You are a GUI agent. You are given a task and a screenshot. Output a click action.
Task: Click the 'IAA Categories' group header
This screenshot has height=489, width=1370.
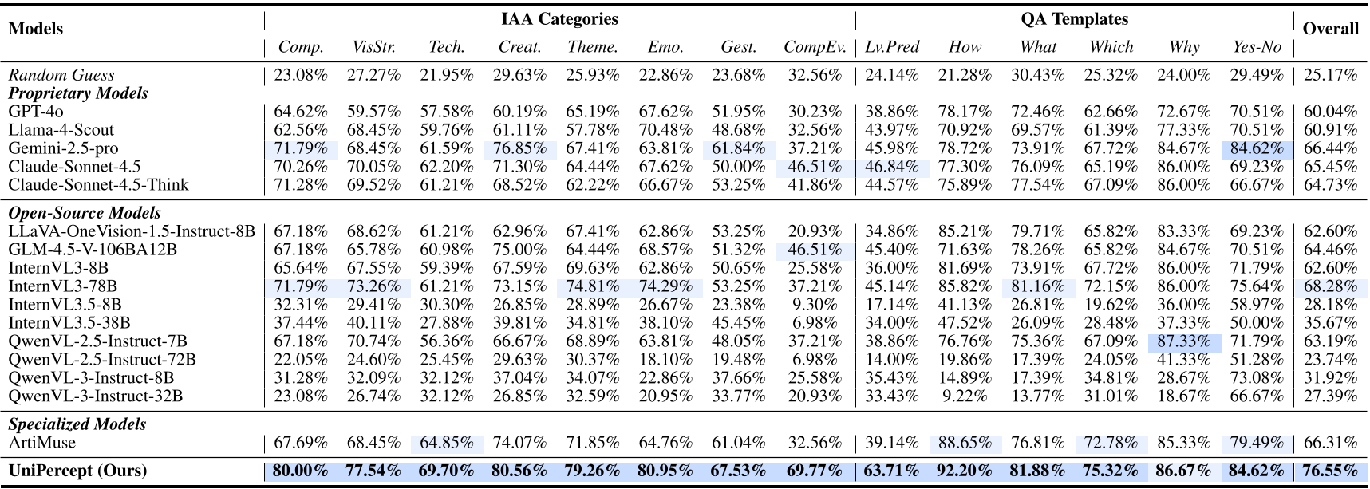tap(559, 19)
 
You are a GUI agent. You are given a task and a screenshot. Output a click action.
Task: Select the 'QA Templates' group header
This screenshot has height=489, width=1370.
tap(1074, 19)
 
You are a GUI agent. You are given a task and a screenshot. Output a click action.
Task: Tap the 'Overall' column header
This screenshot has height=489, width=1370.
tap(1330, 29)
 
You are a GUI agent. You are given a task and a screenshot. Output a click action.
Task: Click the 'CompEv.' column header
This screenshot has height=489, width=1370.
tap(814, 47)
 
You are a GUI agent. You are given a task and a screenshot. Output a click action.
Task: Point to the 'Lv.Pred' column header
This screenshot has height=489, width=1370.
tap(892, 47)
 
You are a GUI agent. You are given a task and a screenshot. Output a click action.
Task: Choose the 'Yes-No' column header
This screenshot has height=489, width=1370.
tap(1257, 47)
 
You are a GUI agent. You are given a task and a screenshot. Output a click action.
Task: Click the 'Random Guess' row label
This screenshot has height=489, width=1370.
tap(61, 75)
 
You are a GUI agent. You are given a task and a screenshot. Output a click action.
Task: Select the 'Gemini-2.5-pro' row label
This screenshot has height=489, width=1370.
tap(63, 148)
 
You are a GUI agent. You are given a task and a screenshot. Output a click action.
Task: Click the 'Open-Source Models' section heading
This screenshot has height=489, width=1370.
tap(85, 213)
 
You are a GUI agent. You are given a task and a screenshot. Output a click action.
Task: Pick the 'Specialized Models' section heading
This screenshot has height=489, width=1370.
tap(77, 424)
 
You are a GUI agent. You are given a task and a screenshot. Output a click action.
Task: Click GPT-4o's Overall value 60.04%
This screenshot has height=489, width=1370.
tap(1330, 112)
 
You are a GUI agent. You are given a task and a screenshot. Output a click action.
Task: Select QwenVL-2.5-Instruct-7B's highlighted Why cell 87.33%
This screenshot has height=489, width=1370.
tap(1184, 341)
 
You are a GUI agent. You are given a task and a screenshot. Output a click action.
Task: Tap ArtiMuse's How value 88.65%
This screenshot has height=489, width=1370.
tap(965, 443)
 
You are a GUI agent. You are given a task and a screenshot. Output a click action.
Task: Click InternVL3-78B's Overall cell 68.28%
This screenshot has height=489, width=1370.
tap(1330, 286)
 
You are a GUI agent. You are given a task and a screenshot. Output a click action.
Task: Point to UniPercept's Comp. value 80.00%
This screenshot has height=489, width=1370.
tap(300, 471)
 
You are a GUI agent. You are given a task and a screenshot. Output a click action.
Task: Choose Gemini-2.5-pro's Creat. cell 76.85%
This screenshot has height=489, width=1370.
tap(519, 148)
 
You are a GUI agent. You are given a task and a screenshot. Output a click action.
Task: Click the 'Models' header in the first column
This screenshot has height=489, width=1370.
tap(36, 29)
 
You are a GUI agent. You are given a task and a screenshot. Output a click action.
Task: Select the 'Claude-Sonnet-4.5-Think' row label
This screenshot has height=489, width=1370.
tap(98, 185)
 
